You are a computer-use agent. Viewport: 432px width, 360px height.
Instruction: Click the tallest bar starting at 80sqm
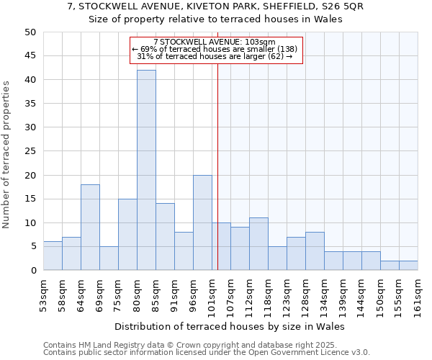pos(146,170)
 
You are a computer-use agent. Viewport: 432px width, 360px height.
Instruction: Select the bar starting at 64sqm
pos(90,228)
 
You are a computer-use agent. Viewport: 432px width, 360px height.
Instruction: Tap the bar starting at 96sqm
pos(202,222)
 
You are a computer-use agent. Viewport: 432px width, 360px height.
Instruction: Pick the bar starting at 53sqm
pos(53,256)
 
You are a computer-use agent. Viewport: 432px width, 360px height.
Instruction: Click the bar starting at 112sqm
pos(258,244)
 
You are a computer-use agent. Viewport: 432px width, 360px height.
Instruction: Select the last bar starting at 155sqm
pos(408,266)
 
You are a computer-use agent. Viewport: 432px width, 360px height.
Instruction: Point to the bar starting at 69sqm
pos(109,258)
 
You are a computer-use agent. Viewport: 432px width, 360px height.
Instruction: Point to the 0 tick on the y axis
pos(33,271)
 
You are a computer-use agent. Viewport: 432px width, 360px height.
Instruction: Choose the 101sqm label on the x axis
pos(212,296)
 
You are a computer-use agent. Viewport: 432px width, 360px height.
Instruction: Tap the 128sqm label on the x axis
pos(305,296)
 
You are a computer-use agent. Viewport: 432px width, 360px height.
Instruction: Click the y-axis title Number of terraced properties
pos(7,154)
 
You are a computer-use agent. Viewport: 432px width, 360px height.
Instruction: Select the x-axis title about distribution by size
pos(230,327)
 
